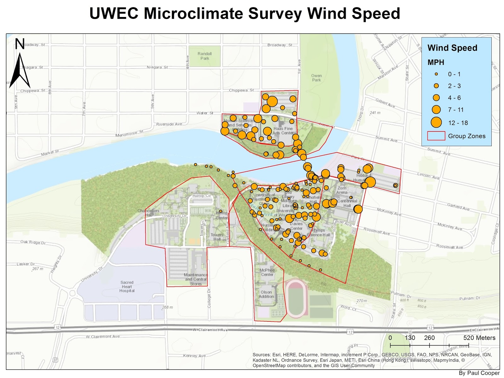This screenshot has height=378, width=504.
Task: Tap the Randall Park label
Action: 205,56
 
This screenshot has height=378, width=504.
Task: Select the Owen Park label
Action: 316,78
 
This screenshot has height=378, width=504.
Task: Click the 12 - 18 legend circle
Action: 436,123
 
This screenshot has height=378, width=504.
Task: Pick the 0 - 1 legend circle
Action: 436,74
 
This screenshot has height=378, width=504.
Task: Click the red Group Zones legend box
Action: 436,136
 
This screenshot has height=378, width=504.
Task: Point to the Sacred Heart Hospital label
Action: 127,287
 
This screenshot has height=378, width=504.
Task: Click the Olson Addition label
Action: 266,294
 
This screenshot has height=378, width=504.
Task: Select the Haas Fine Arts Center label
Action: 283,131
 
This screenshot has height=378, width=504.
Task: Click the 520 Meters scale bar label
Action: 479,338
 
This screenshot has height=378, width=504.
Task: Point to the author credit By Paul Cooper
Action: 479,373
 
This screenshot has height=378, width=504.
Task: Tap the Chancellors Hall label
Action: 148,213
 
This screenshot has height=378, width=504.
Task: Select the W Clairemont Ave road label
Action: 210,330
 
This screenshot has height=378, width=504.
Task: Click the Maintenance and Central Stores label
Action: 196,279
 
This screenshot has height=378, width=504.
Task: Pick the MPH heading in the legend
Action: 436,62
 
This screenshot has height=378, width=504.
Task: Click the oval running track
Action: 296,298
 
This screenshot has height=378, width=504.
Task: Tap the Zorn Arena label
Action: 342,190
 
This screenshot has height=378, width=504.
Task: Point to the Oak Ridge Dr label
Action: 33,242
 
